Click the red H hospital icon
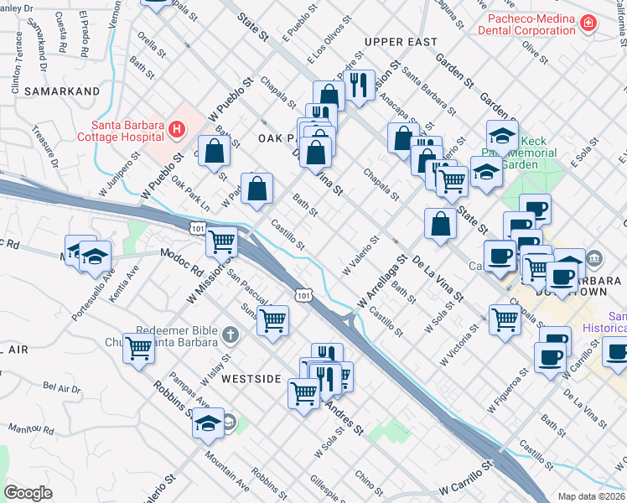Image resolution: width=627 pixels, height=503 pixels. click(x=176, y=129)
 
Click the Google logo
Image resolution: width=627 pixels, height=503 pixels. click(x=28, y=493)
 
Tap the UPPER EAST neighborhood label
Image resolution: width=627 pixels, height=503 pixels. click(x=401, y=42)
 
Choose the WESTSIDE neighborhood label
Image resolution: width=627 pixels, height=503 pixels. click(x=251, y=379)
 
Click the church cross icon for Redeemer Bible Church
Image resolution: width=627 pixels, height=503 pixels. click(x=231, y=334)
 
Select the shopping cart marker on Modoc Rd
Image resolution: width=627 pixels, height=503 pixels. click(x=222, y=243)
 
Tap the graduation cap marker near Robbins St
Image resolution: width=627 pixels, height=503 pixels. click(x=209, y=425)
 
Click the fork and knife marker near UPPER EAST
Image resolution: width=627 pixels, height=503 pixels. click(x=358, y=85)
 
